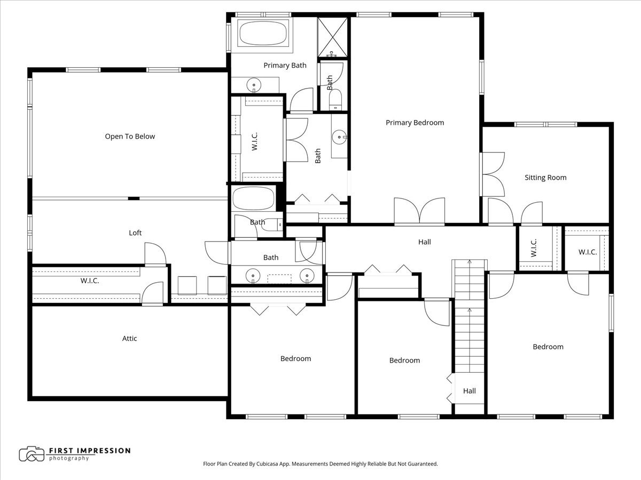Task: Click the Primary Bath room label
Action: pyautogui.click(x=285, y=66)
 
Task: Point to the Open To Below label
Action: pyautogui.click(x=130, y=137)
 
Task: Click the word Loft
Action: pyautogui.click(x=135, y=233)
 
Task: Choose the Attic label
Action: pyautogui.click(x=129, y=339)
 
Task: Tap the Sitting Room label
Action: pyautogui.click(x=545, y=178)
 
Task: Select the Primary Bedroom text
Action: pyautogui.click(x=415, y=123)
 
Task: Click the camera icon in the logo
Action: pyautogui.click(x=32, y=454)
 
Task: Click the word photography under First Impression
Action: pyautogui.click(x=69, y=459)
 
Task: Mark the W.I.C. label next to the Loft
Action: pyautogui.click(x=90, y=281)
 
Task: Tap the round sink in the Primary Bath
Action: pyautogui.click(x=254, y=85)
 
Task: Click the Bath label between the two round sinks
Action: pyautogui.click(x=271, y=258)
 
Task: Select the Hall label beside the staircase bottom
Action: pyautogui.click(x=469, y=391)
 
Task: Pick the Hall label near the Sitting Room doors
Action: pyautogui.click(x=424, y=242)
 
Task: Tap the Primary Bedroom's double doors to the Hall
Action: pyautogui.click(x=419, y=211)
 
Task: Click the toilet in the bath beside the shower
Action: pyautogui.click(x=335, y=100)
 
